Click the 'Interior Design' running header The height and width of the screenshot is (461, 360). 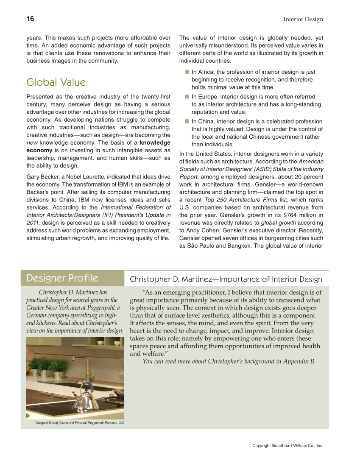[x=303, y=20]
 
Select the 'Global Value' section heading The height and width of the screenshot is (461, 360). [x=56, y=82]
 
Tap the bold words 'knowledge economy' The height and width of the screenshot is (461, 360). [x=155, y=143]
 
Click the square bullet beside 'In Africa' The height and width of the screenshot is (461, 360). [x=186, y=72]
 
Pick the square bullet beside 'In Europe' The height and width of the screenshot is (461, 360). [x=186, y=97]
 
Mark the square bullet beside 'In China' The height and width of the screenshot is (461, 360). [x=186, y=121]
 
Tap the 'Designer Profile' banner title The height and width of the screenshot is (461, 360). [x=62, y=278]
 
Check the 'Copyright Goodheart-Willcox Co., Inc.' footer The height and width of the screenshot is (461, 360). [x=287, y=446]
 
